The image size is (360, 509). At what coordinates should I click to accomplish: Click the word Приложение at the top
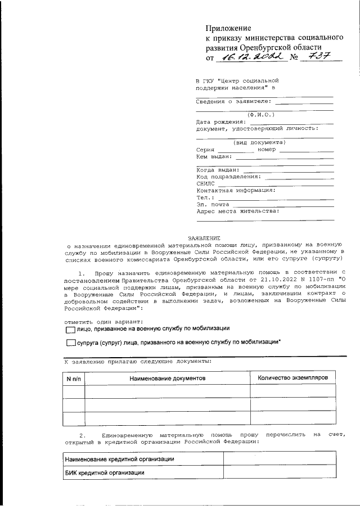pos(228,28)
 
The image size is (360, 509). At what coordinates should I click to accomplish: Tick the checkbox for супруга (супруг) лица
pos(70,342)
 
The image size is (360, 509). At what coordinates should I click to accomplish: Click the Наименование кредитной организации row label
pos(119,460)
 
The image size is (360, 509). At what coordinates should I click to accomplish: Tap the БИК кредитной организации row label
pos(105,473)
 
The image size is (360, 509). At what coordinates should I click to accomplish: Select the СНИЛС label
pos(205,183)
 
